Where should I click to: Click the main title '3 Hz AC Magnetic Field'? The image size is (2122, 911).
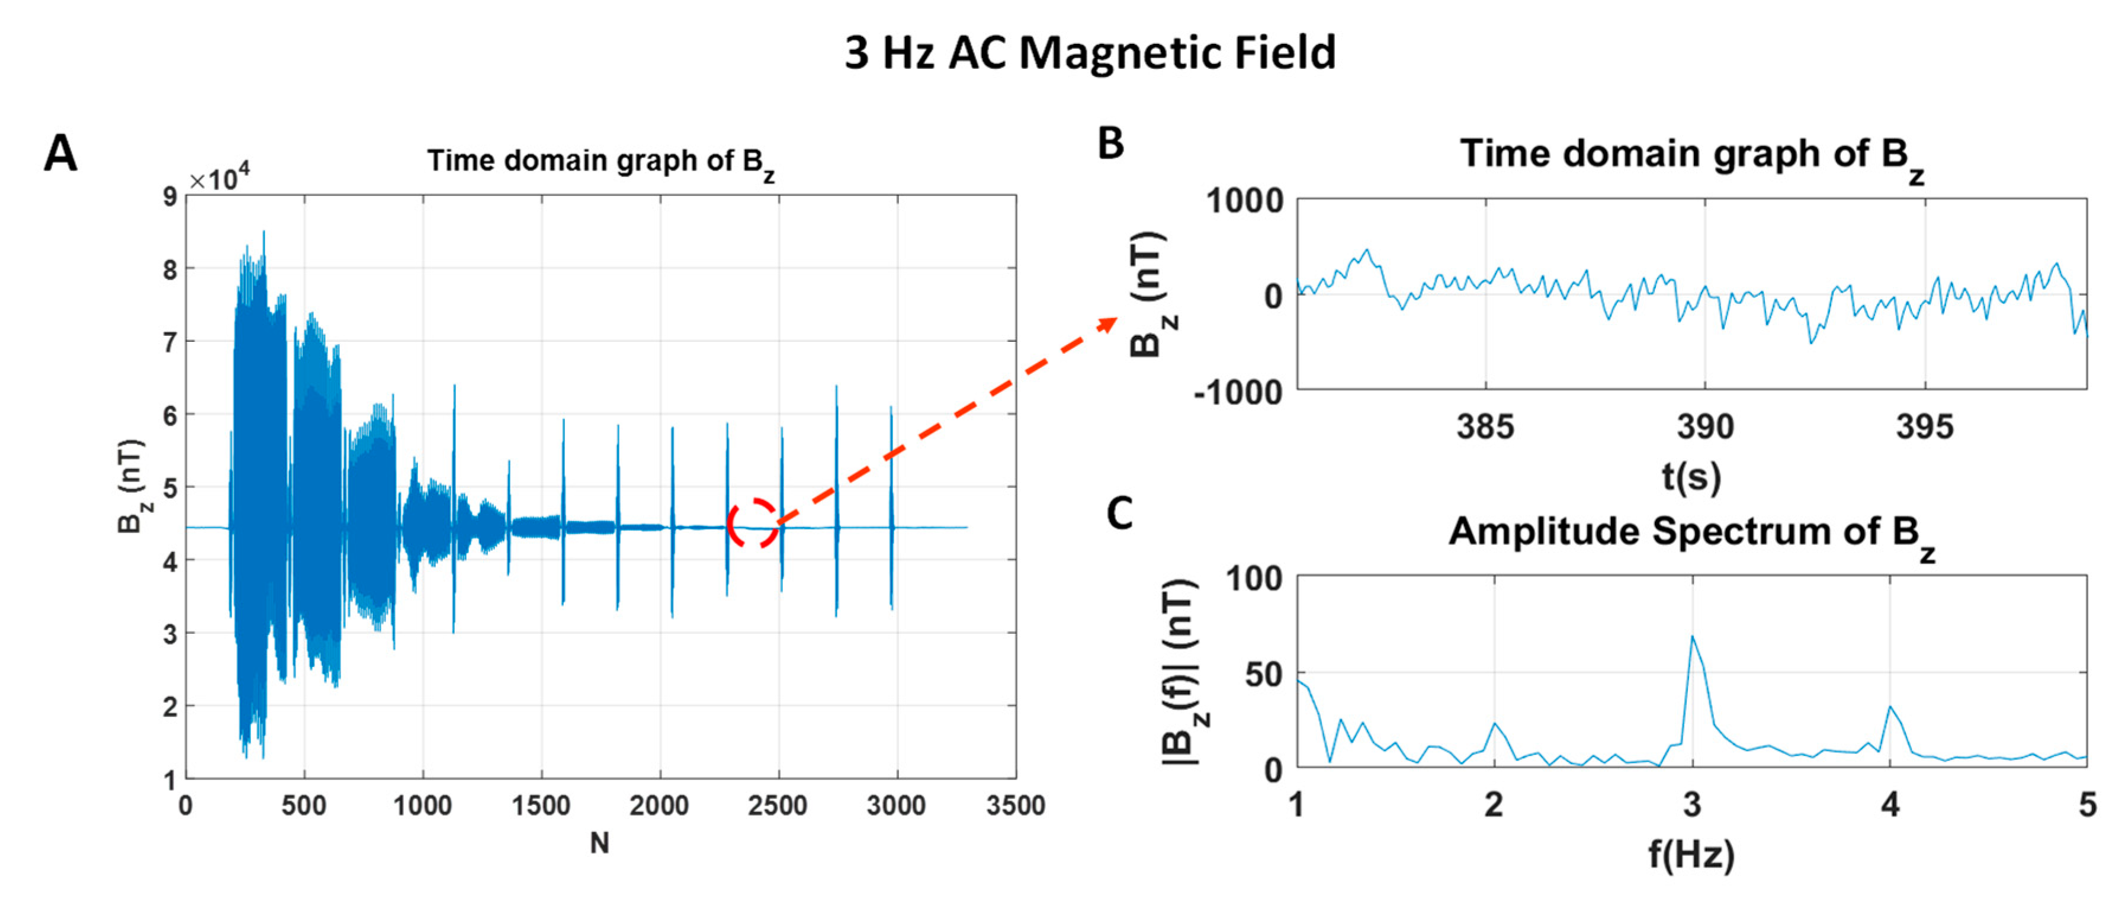coord(1089,53)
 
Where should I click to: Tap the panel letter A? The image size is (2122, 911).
coord(60,154)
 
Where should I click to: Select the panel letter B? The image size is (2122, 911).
coord(1110,144)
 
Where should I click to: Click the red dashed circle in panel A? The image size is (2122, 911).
coord(752,523)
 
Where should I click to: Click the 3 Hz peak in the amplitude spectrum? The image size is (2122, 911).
coord(1692,637)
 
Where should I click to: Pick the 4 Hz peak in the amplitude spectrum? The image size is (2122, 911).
coord(1890,707)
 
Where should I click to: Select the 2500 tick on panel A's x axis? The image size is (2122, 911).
coord(777,806)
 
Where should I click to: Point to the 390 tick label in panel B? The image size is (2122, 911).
coord(1705,426)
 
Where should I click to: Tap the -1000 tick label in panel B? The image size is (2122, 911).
coord(1238,392)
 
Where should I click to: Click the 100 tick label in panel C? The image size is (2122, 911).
coord(1254,579)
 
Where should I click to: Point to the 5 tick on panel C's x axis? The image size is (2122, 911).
coord(2086,805)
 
